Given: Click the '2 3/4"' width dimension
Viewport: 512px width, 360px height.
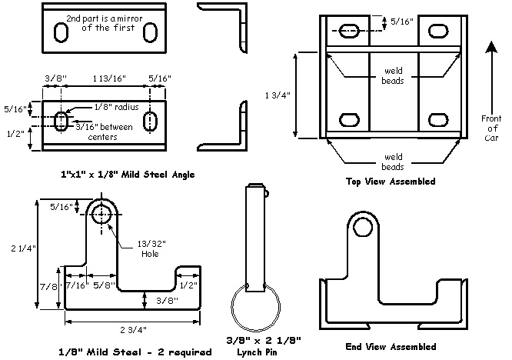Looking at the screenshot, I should click(131, 328).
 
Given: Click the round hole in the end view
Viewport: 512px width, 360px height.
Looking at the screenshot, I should click(364, 228).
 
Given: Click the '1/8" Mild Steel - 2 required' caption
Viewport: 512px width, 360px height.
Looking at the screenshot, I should click(134, 352).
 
